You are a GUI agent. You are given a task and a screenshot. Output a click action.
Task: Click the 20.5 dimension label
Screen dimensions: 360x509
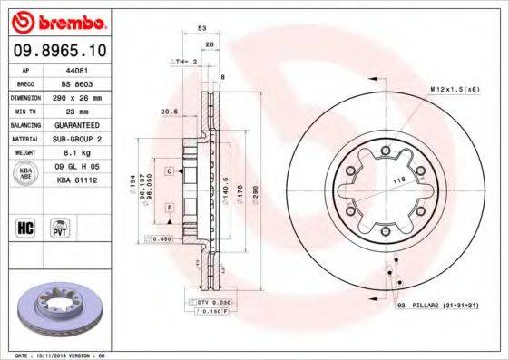(x=167, y=112)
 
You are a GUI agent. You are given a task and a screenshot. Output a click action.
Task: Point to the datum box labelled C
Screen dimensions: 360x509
(x=170, y=170)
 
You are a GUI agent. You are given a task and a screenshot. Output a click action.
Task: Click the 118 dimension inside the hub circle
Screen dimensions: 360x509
(x=396, y=182)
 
